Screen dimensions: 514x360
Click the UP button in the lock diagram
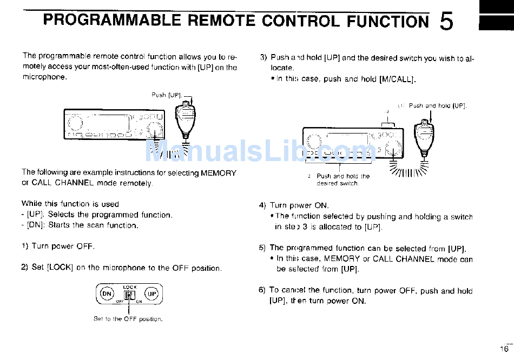click(x=152, y=294)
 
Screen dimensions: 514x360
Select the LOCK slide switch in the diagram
click(x=129, y=295)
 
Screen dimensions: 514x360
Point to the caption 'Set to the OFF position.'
click(x=128, y=319)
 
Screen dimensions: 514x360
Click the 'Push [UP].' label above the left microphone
click(x=167, y=95)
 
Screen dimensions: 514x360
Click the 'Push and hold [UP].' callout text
click(x=437, y=106)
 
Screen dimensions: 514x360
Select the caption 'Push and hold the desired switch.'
click(x=342, y=179)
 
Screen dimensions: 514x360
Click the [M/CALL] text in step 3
click(x=397, y=79)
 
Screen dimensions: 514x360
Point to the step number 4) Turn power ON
click(x=263, y=205)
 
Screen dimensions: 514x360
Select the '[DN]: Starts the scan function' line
click(x=80, y=225)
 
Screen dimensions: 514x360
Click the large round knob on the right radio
click(x=393, y=144)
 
